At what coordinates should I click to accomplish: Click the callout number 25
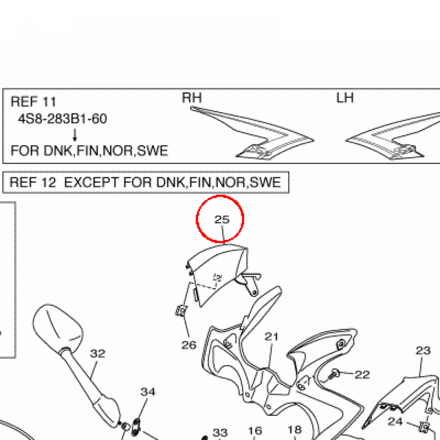(222, 220)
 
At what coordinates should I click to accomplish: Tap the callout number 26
(189, 344)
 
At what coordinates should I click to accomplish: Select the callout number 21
(272, 336)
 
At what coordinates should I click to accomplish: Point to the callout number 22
(362, 375)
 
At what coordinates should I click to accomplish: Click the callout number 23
(423, 351)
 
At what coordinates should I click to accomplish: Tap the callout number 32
(98, 353)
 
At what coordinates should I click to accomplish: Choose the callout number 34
(148, 392)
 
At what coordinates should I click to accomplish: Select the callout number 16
(255, 431)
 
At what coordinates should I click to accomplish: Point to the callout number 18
(294, 430)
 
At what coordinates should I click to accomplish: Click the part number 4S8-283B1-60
(62, 119)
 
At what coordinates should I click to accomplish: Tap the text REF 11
(34, 102)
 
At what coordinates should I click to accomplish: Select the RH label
(192, 98)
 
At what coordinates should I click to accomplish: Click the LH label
(345, 98)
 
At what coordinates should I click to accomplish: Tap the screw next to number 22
(335, 374)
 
